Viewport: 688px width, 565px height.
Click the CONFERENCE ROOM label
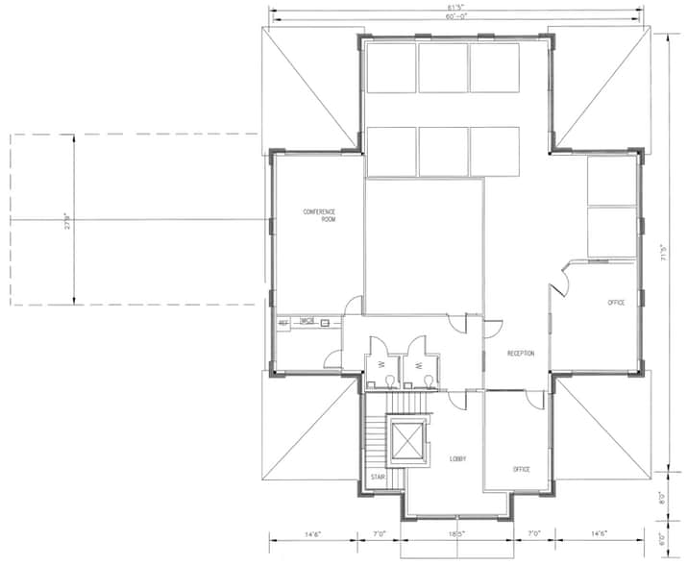[321, 215]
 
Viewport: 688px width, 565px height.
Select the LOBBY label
[458, 459]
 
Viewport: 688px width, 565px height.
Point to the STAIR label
[378, 477]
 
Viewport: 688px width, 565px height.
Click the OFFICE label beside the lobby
[521, 469]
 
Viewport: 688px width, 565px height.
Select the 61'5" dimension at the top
[456, 9]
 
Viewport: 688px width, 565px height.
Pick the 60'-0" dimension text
[456, 17]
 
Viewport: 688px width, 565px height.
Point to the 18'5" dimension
[457, 532]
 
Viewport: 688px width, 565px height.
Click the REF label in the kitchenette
[283, 323]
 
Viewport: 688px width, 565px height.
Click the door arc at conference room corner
[354, 306]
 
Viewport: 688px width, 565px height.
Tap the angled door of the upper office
[562, 282]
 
